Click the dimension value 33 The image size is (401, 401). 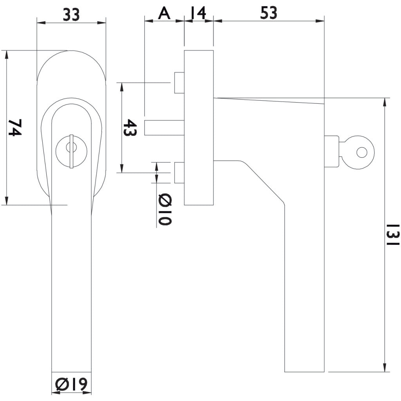(71, 14)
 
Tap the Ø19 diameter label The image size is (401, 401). (71, 385)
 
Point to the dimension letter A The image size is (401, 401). (164, 13)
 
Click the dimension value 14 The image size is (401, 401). (198, 13)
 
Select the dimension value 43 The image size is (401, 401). (130, 127)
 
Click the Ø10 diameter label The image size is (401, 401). (165, 210)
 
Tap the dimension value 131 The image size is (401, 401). (393, 235)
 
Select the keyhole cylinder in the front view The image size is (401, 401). (70, 150)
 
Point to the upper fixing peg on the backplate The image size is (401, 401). (179, 83)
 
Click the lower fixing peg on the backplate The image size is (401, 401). (179, 172)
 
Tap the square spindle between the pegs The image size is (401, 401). (164, 128)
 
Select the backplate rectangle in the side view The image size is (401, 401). (199, 128)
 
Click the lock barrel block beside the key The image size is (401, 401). (331, 151)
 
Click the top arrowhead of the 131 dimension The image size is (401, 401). (385, 101)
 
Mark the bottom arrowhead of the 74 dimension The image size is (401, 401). (7, 201)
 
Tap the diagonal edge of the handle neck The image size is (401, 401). (264, 182)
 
